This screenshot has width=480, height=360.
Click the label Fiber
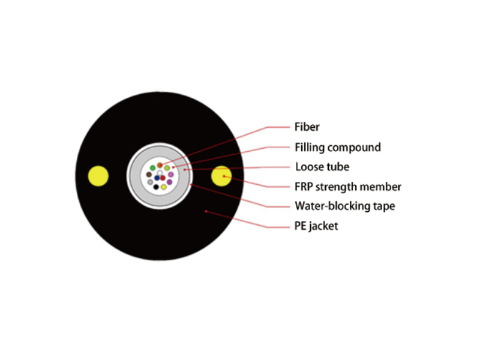tap(307, 127)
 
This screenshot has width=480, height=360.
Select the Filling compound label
tap(338, 147)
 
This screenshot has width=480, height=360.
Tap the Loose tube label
tap(322, 167)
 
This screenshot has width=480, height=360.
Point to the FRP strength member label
tap(348, 187)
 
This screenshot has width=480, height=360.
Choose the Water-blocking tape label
tap(344, 206)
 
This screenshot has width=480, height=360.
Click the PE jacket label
tap(316, 226)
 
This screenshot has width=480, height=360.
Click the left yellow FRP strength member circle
tap(98, 176)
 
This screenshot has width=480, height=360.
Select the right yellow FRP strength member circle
tap(221, 176)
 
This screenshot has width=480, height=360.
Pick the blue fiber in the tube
tap(157, 178)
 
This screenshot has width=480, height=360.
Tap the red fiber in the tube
tap(163, 178)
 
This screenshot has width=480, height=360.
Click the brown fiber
tap(149, 175)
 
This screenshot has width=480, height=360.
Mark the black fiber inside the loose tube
tap(156, 187)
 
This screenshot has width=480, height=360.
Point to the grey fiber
tap(150, 182)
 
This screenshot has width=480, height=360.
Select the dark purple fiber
tap(169, 182)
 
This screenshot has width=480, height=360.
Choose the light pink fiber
tap(171, 175)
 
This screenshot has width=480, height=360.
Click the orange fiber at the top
tap(160, 166)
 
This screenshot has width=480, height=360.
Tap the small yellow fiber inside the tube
tap(164, 187)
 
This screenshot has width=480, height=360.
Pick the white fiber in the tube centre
tap(160, 173)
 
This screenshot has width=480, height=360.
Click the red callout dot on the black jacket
tap(206, 211)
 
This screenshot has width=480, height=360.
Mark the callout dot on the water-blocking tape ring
tap(191, 185)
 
